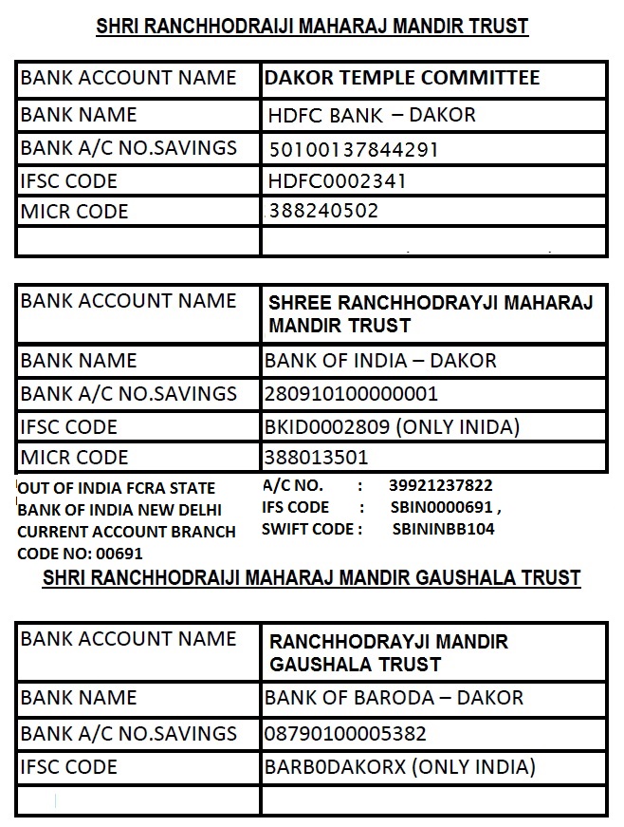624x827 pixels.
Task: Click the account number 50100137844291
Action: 354,149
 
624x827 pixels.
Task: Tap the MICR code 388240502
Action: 323,211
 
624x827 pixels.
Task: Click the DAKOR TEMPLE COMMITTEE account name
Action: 402,78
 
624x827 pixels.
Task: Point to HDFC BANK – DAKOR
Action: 372,116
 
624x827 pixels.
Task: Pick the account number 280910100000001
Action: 351,393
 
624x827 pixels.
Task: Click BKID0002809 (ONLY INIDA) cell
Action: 392,426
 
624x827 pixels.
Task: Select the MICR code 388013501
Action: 317,458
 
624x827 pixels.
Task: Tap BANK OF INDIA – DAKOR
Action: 380,361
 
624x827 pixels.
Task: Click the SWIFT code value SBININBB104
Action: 443,529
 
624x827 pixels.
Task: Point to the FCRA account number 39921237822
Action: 441,485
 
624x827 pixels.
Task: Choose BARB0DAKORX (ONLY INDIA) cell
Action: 399,766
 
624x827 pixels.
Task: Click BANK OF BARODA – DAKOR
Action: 394,698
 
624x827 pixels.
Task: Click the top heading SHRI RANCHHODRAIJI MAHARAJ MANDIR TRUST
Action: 312,26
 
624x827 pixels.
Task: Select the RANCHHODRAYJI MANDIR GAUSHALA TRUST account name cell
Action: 389,652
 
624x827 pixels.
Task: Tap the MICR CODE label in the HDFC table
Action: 74,211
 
